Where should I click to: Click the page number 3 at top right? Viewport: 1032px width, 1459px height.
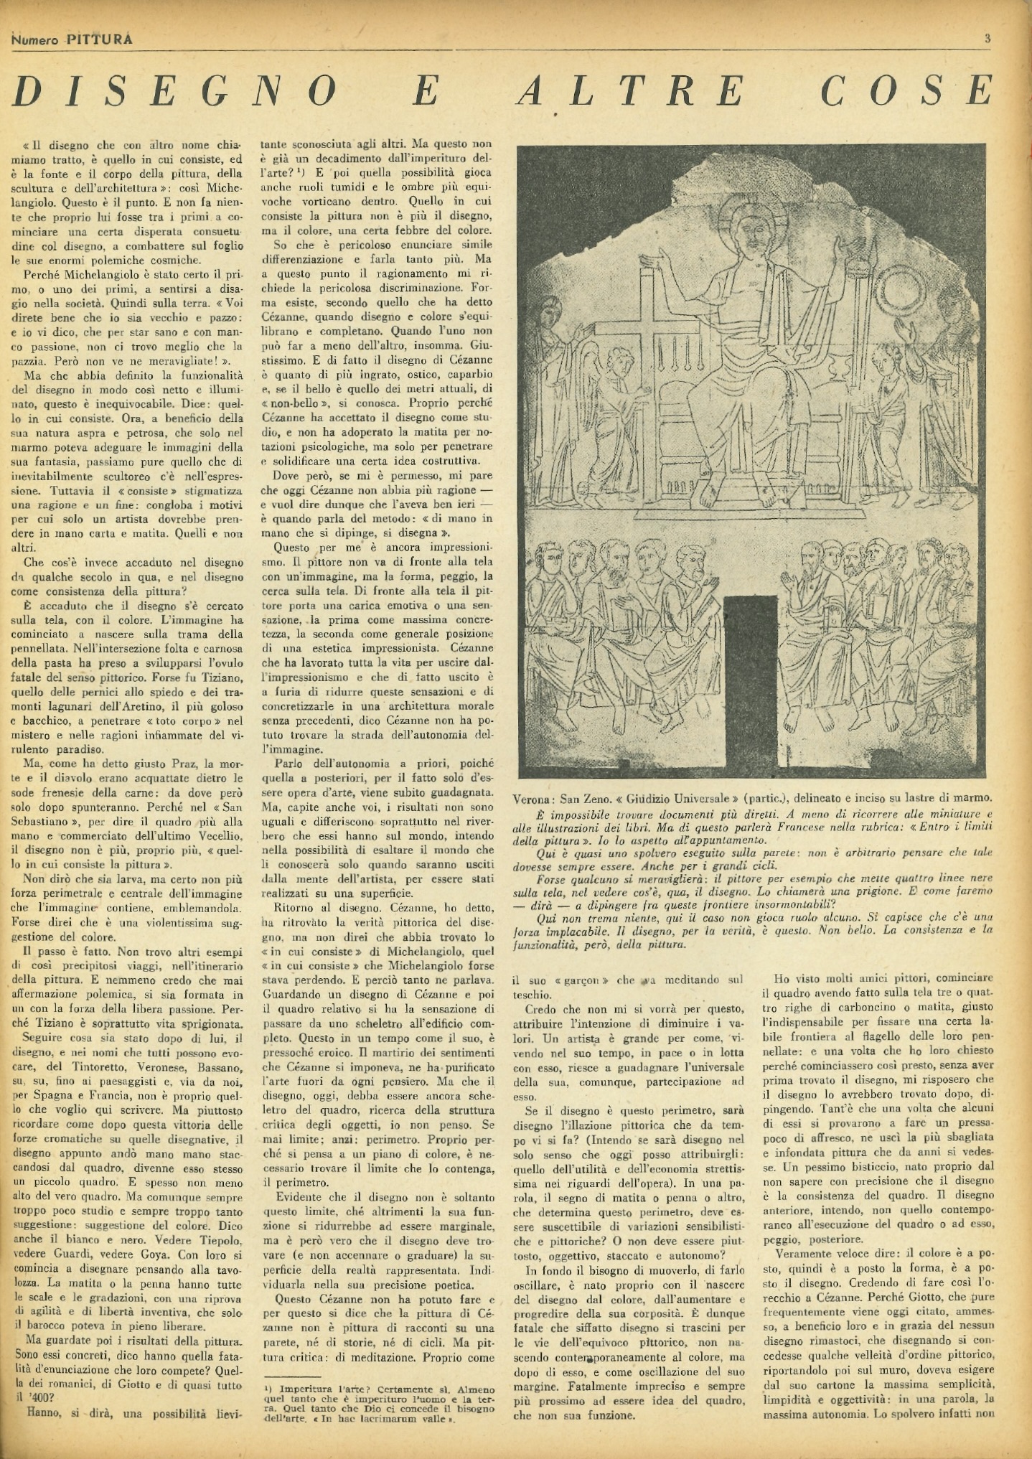pyautogui.click(x=988, y=39)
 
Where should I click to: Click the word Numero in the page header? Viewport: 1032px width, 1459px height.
pyautogui.click(x=35, y=40)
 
